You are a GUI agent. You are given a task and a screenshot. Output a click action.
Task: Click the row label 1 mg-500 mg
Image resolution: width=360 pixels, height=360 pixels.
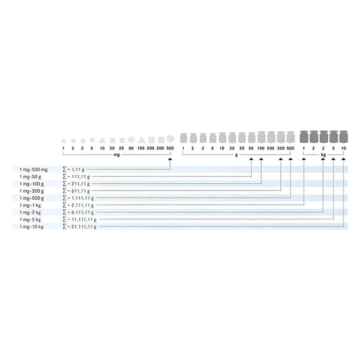(x=33, y=169)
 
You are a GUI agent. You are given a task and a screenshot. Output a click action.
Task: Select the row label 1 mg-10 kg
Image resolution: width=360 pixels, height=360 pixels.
(x=31, y=227)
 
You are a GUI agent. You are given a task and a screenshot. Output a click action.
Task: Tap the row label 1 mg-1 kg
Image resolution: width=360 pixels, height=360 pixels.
(x=30, y=205)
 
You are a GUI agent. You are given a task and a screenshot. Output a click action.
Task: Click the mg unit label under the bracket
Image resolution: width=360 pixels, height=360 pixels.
(x=116, y=154)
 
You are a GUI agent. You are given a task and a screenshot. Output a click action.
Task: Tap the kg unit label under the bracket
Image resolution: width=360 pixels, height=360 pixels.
(x=323, y=154)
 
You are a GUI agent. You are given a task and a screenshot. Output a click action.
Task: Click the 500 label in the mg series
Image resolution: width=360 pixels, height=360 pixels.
(x=170, y=148)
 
